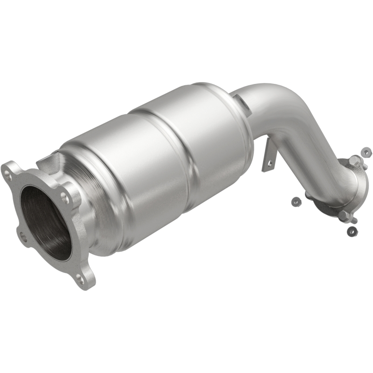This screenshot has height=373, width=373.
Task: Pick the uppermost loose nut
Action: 366,152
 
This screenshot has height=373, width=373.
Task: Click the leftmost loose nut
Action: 295,201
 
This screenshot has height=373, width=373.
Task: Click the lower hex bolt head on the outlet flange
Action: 344,216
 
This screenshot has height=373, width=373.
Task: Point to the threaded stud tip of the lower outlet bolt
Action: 354,220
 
